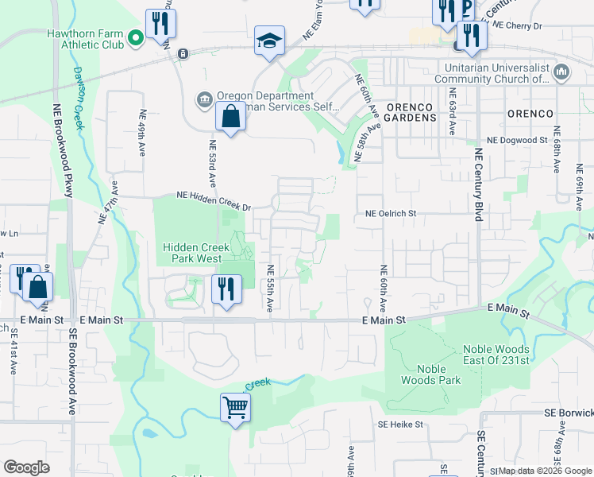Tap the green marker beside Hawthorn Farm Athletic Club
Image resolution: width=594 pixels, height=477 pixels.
point(136,37)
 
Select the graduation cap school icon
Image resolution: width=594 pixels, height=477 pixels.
point(269,41)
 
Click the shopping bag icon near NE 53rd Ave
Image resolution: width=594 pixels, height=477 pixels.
point(229,117)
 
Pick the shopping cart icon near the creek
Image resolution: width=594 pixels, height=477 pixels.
point(236,409)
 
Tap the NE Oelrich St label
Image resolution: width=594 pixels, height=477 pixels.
point(391,214)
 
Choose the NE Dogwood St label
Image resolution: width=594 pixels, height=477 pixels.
point(517,140)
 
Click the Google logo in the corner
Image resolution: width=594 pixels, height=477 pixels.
point(26,467)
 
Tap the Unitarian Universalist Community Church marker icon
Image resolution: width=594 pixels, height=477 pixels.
point(561,72)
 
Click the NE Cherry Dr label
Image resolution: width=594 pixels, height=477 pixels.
point(517,25)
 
